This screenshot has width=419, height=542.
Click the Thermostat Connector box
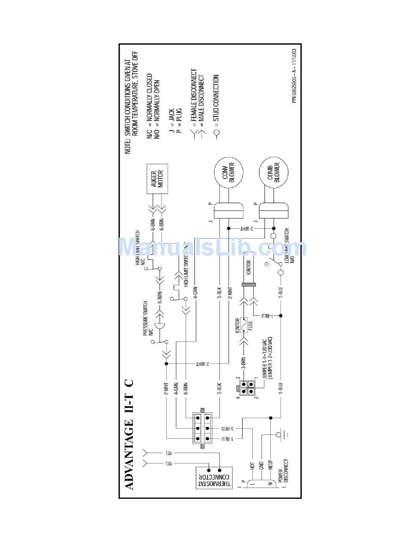click(213, 478)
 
